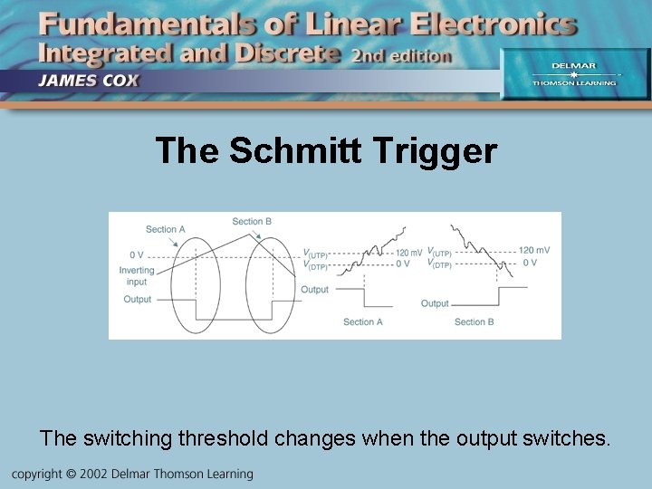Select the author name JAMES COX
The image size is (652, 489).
pos(88,80)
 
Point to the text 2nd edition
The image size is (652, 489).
pos(401,55)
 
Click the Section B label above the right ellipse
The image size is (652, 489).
pos(252,221)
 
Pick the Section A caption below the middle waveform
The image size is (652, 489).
pos(362,321)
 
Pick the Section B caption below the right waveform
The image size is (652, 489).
pos(474,321)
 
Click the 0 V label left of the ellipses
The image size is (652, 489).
pos(137,254)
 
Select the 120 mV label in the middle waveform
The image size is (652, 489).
pos(407,252)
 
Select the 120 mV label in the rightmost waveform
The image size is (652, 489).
pos(533,251)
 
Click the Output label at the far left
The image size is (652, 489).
pos(138,299)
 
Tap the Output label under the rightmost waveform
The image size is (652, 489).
pos(435,303)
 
